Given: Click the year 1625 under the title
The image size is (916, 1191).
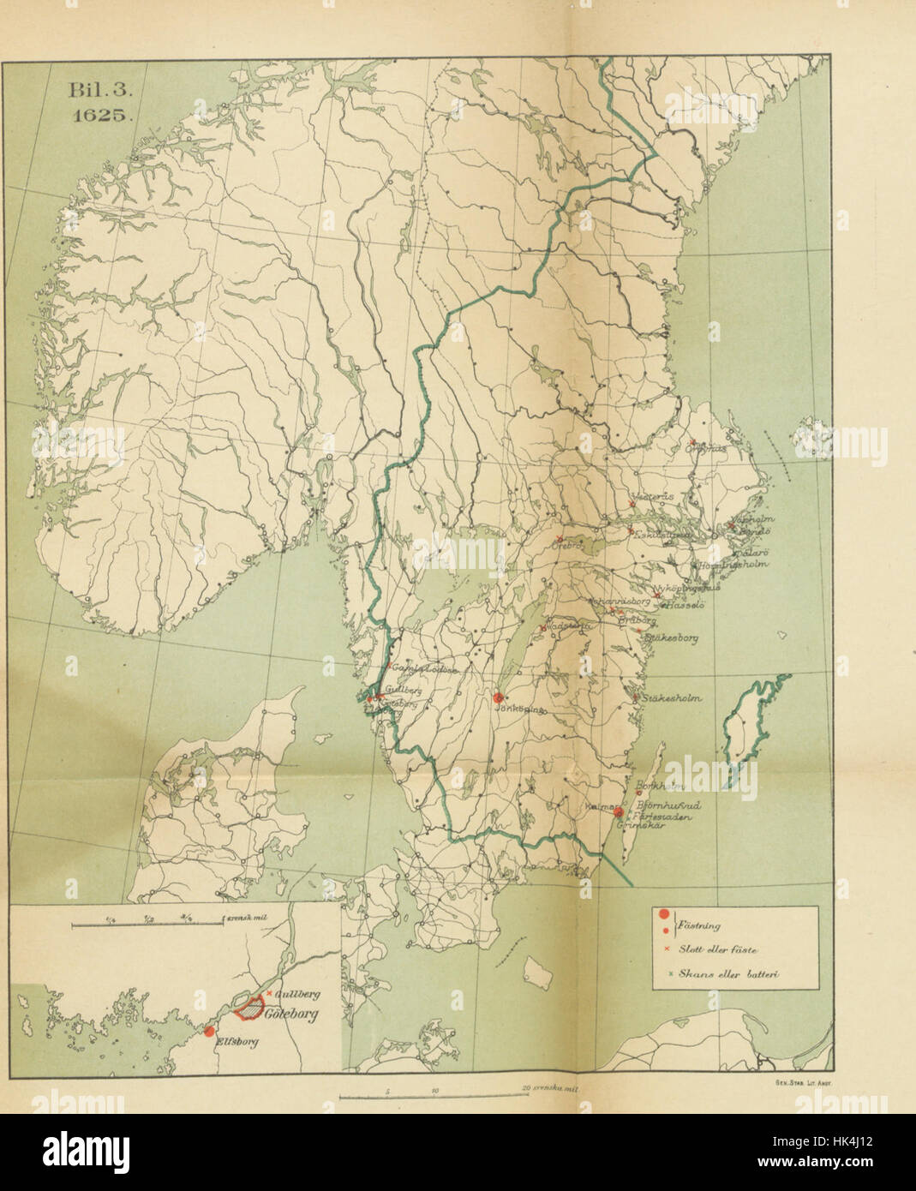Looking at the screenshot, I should [x=99, y=118].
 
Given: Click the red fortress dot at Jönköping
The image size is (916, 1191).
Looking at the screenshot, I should [x=499, y=697].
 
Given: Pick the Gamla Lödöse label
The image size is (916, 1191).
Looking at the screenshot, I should [x=418, y=668].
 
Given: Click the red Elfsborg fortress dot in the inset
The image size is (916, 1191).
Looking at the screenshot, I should [x=208, y=1032].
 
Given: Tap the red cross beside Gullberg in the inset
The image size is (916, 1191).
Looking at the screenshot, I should [x=270, y=992].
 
